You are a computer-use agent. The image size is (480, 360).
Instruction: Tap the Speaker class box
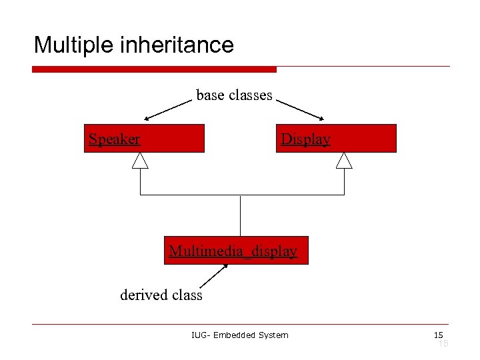[144, 139]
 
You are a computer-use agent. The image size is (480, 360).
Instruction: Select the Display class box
[336, 139]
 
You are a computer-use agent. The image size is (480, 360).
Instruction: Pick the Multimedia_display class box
[236, 251]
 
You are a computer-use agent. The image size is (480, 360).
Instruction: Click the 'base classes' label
[234, 95]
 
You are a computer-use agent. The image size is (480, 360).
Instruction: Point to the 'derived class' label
[161, 295]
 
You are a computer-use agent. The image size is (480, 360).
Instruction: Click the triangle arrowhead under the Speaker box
[140, 160]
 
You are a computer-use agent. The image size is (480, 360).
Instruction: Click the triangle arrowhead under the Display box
[344, 160]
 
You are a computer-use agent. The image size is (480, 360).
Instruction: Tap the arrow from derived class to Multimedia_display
[214, 276]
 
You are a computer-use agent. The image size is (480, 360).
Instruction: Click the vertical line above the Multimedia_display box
[240, 215]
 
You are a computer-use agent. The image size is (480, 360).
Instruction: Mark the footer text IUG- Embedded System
[239, 335]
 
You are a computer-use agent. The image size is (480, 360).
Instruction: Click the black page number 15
[438, 334]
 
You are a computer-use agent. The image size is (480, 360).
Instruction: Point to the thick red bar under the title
[154, 69]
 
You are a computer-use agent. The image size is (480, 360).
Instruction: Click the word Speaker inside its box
[115, 139]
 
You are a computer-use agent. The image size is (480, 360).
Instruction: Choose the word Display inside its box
[305, 139]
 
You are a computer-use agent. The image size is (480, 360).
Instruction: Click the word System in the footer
[273, 335]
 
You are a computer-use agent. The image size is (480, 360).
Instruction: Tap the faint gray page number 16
[442, 343]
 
